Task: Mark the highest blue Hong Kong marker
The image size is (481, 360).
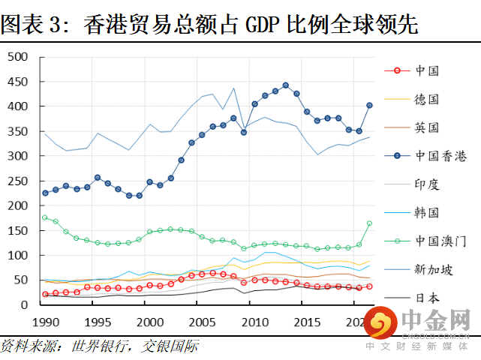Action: pyautogui.click(x=286, y=85)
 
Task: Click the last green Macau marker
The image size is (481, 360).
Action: pyautogui.click(x=369, y=223)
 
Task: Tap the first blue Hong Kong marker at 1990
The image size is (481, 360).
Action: pyautogui.click(x=45, y=193)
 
